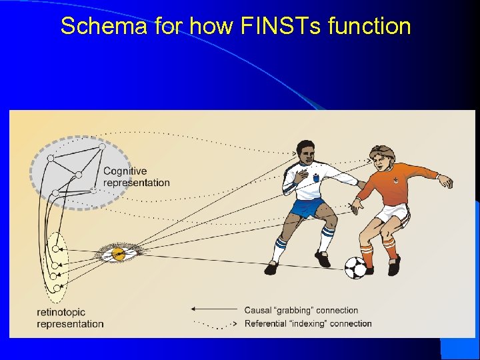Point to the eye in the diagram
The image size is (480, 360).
click(118, 253)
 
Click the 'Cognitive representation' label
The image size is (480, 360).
click(136, 177)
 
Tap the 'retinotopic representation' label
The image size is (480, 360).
click(70, 318)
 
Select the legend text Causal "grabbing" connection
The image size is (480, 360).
click(301, 310)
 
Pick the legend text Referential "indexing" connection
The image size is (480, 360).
click(307, 324)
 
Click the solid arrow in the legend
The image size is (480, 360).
click(213, 309)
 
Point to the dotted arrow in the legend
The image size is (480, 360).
click(213, 324)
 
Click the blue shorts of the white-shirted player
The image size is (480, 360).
click(307, 208)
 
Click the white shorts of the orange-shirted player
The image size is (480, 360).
click(390, 213)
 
